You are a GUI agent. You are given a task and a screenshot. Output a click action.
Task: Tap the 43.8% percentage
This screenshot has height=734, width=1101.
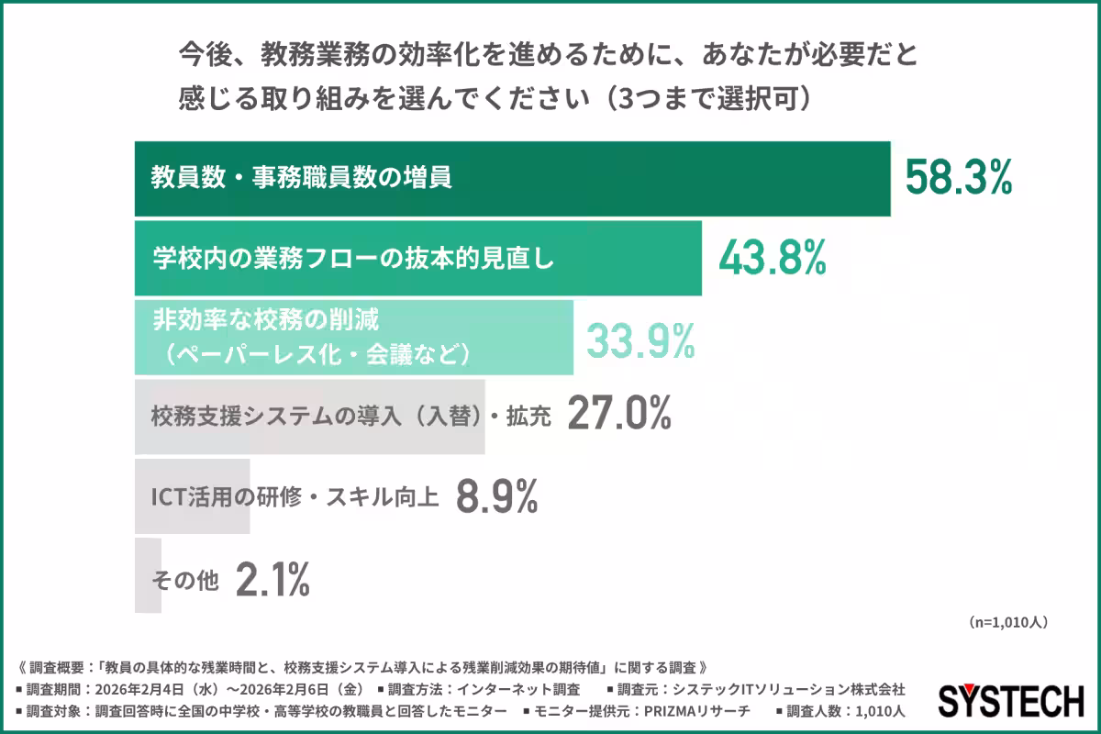click(772, 259)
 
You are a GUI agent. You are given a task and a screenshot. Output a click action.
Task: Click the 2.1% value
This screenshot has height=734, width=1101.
click(272, 579)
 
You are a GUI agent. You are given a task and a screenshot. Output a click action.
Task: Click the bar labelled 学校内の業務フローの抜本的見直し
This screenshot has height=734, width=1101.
click(417, 259)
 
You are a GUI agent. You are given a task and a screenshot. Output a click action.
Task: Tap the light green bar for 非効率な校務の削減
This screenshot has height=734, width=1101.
click(353, 337)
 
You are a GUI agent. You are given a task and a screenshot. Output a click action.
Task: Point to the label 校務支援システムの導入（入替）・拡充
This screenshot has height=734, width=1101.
click(350, 417)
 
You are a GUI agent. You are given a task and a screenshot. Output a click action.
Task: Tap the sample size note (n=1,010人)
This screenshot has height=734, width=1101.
click(1007, 621)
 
